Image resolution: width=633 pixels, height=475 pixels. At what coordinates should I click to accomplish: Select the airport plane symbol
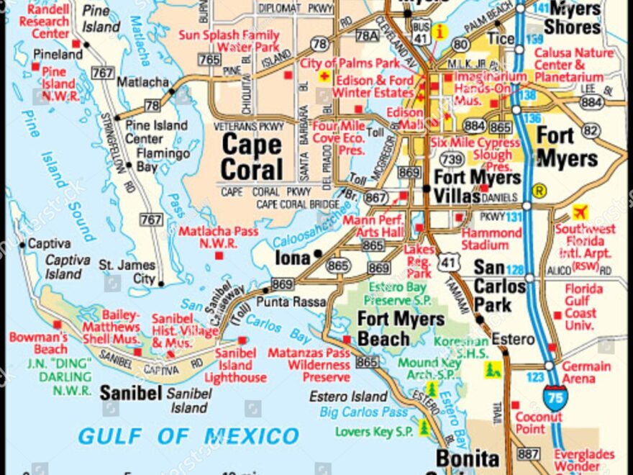tap(580, 212)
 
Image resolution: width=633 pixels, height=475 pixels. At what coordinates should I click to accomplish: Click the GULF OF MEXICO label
tap(188, 435)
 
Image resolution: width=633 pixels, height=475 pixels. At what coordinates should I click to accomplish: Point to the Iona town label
tap(292, 257)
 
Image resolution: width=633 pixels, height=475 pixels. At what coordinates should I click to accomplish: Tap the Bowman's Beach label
tap(38, 343)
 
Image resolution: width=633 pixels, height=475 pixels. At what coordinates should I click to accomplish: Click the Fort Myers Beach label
tap(401, 328)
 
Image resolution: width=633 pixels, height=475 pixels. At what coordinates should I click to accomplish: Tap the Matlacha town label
tap(142, 82)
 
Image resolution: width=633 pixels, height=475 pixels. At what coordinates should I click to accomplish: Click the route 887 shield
tap(528, 453)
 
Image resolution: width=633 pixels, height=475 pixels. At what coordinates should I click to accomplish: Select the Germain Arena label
tap(587, 372)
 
